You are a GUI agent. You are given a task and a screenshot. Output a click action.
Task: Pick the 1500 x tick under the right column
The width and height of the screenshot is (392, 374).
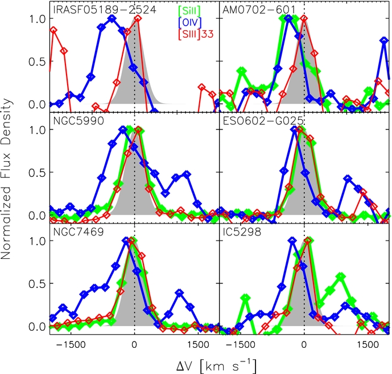(368, 344)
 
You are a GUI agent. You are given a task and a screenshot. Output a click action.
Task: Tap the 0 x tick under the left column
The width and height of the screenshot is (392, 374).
(134, 344)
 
